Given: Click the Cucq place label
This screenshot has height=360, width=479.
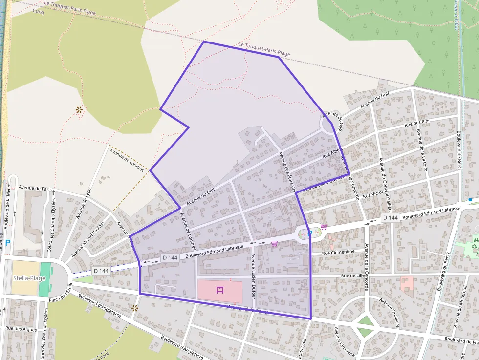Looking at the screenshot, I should pyautogui.click(x=39, y=12).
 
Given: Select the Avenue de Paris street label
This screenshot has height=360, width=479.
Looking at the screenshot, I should pyautogui.click(x=35, y=188).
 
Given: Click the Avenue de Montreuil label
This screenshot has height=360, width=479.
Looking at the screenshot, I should pyautogui.click(x=460, y=307).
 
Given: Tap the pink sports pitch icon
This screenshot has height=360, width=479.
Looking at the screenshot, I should pyautogui.click(x=219, y=290).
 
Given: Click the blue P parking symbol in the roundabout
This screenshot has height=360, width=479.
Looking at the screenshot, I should pyautogui.click(x=309, y=233).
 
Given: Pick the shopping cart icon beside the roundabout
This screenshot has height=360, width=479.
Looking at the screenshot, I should pyautogui.click(x=324, y=227).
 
